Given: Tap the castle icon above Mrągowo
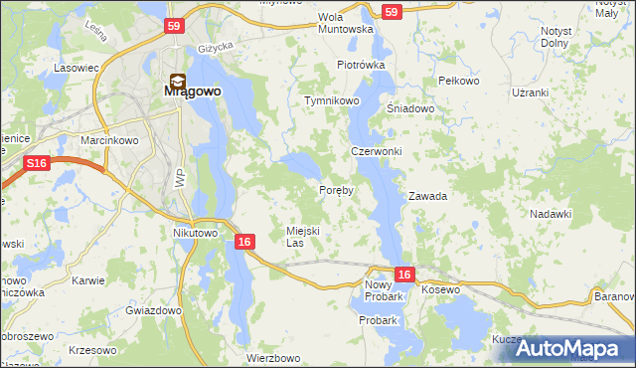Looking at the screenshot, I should [x=175, y=81].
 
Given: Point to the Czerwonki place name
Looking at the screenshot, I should [x=376, y=151].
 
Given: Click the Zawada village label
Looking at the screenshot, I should [x=427, y=196].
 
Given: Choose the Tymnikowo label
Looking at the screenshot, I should [x=331, y=101].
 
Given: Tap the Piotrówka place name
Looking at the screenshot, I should [x=360, y=65].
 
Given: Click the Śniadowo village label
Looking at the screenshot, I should [x=410, y=109].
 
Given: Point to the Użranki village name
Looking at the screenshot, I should [x=556, y=92].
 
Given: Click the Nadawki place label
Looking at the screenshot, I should [x=551, y=214].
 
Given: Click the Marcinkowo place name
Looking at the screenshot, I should [x=108, y=140].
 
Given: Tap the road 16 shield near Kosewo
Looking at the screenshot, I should [x=403, y=274].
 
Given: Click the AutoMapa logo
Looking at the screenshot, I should [x=573, y=348].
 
